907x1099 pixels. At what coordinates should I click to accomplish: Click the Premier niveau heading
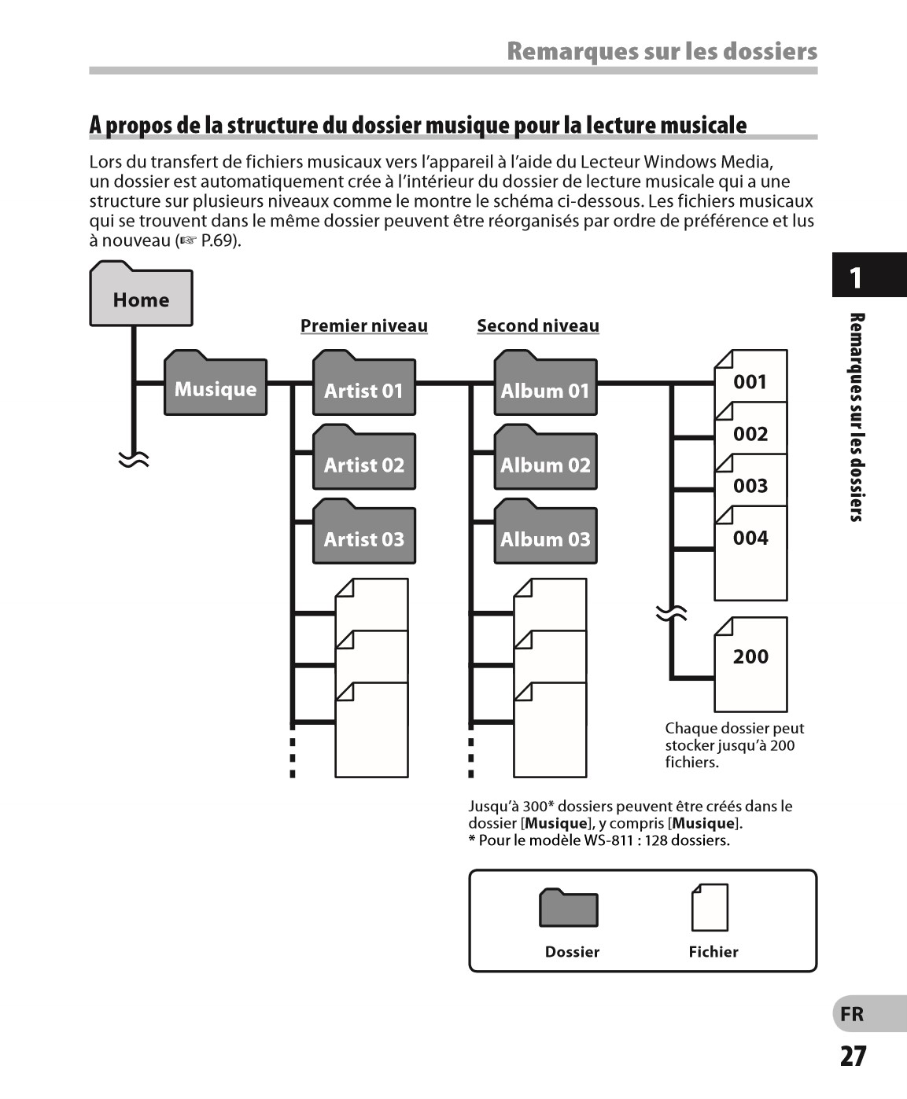click(x=364, y=325)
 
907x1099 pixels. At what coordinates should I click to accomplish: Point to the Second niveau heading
click(x=538, y=325)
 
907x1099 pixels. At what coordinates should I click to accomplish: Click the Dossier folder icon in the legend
click(x=569, y=908)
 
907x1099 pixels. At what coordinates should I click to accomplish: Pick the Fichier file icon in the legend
click(x=710, y=907)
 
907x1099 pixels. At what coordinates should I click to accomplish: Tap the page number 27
click(x=854, y=1056)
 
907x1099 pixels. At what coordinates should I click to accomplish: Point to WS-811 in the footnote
click(x=608, y=840)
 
